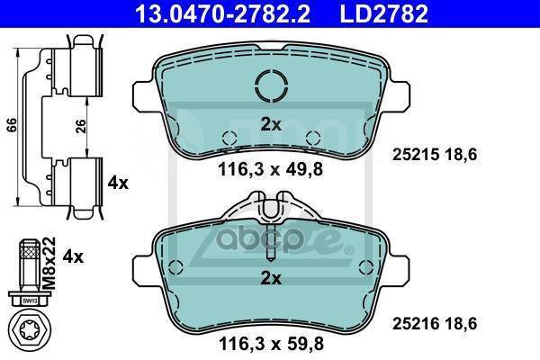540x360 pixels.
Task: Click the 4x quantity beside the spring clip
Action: coord(119,183)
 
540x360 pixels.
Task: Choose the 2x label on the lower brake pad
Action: coord(271,278)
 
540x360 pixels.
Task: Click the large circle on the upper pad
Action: coord(271,87)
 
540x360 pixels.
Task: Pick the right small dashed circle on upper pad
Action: coord(314,138)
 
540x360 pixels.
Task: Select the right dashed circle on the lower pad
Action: coord(366,266)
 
